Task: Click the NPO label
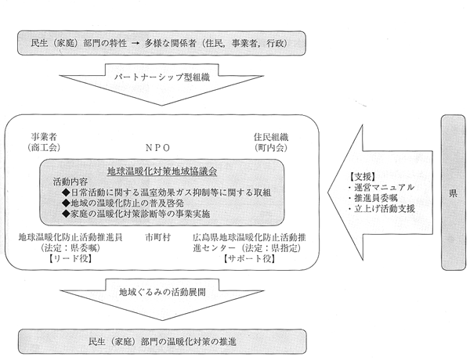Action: coord(157,148)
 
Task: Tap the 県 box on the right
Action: coord(453,193)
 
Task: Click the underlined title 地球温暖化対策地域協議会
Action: coord(162,171)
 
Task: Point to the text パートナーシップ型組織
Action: coord(162,77)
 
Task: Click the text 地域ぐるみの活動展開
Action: coord(162,292)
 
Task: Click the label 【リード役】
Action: coord(70,258)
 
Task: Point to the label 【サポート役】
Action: coord(250,258)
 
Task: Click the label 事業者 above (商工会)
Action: coord(44,137)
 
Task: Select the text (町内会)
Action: coord(271,148)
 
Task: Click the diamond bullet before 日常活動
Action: coord(66,193)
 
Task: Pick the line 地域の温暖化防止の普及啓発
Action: coord(127,203)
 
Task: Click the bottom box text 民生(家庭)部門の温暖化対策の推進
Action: coord(162,342)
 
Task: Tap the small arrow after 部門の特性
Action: coord(136,44)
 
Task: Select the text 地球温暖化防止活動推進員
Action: coord(70,238)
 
